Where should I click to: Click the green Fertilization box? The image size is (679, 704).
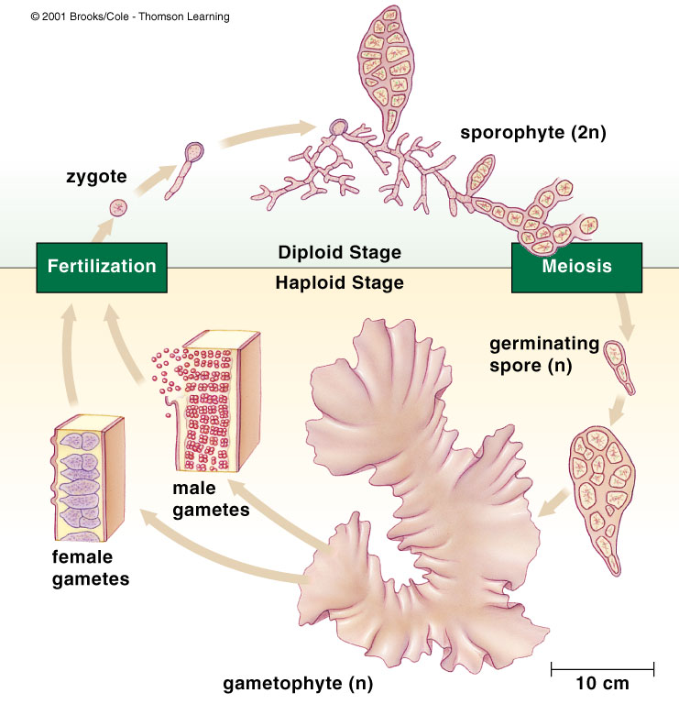pyautogui.click(x=101, y=267)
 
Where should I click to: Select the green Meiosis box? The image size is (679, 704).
pyautogui.click(x=575, y=267)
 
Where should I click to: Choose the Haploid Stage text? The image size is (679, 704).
pyautogui.click(x=339, y=282)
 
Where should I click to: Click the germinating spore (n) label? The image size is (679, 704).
pyautogui.click(x=543, y=355)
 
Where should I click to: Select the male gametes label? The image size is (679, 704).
pyautogui.click(x=211, y=500)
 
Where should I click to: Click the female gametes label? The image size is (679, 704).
pyautogui.click(x=90, y=568)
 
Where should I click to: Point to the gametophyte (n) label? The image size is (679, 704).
pyautogui.click(x=298, y=683)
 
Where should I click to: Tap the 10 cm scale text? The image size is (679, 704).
pyautogui.click(x=602, y=683)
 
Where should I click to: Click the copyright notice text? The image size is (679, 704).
pyautogui.click(x=130, y=16)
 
